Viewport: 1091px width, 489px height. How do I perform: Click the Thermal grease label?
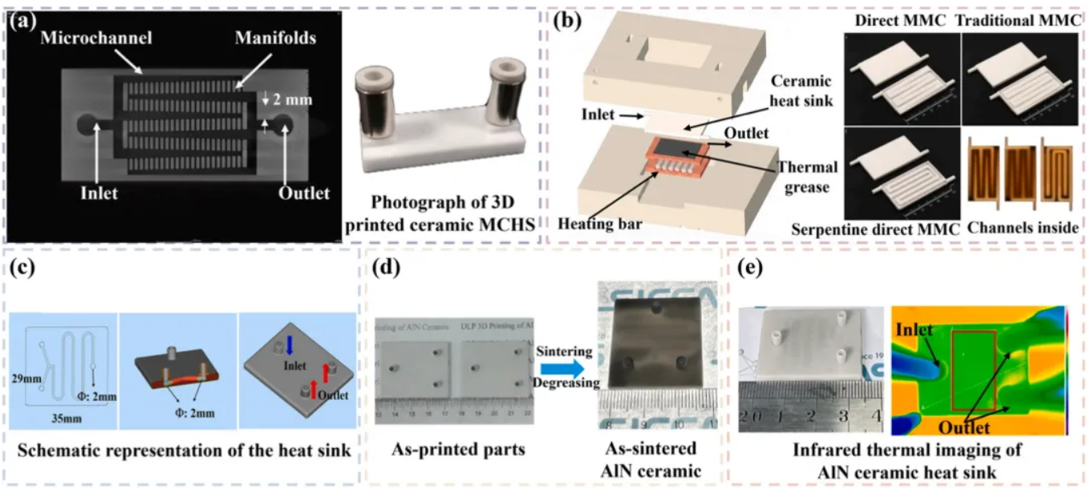807,179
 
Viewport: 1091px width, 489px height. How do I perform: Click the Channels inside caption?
1023,228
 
